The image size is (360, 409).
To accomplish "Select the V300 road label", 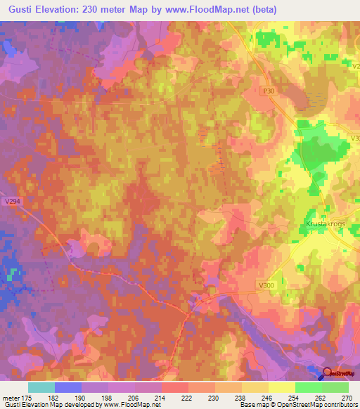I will pos(266,285).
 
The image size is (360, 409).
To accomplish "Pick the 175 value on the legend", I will pos(27,397).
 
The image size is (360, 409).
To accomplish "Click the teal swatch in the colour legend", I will pos(41,387).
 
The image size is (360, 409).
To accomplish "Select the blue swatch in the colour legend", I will pos(68,387).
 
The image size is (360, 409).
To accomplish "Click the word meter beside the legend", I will pos(10,397).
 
